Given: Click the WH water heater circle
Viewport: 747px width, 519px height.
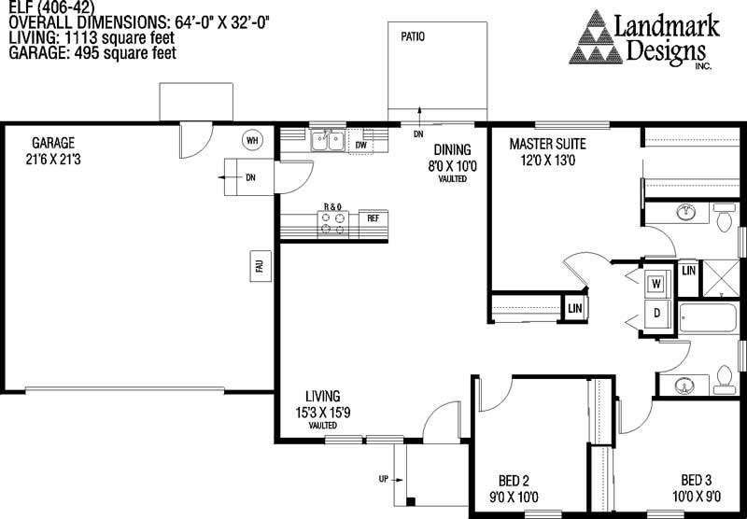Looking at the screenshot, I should point(251,140).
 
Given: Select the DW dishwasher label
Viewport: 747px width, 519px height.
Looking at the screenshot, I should point(359,145).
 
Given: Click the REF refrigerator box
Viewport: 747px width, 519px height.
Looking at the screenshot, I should point(373,218).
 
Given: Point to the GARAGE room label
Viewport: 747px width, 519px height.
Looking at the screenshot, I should point(53,144).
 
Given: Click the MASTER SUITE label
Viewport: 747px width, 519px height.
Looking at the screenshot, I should point(547,145).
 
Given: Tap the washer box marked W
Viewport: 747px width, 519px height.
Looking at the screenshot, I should point(656,282).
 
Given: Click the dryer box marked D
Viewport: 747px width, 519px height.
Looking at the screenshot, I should point(656,313).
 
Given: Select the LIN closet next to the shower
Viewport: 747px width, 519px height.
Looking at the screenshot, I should point(688,271).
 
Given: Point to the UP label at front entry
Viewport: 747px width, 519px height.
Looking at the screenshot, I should point(384,480).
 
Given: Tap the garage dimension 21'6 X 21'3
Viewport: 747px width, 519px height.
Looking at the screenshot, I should point(53,160).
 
